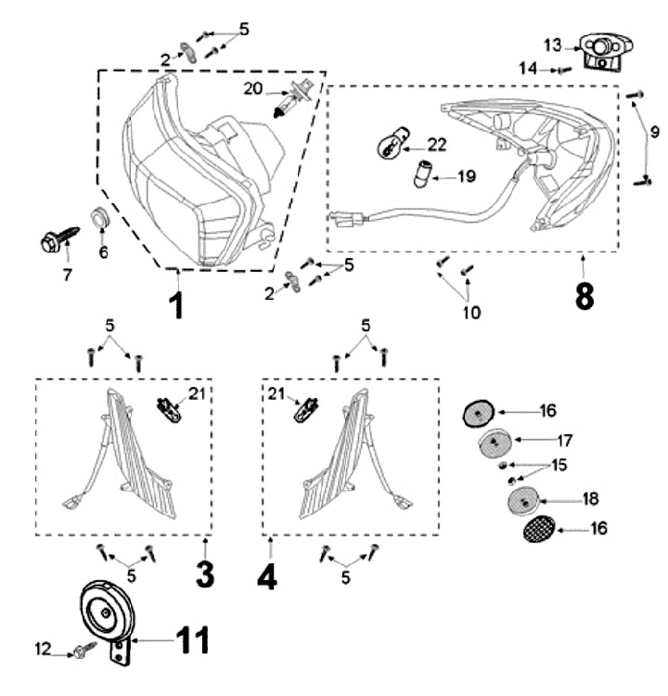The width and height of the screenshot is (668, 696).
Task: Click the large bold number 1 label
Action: click(175, 303)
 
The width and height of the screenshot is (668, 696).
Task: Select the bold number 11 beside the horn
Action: click(183, 639)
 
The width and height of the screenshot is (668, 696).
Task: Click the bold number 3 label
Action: click(205, 574)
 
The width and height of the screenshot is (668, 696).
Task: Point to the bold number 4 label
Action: click(267, 576)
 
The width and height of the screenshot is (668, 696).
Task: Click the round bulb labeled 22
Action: click(390, 147)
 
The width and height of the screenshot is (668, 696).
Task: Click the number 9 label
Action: click(655, 129)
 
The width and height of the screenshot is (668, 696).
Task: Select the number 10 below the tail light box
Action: click(471, 313)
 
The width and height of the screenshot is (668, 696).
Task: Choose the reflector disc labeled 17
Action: click(495, 442)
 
